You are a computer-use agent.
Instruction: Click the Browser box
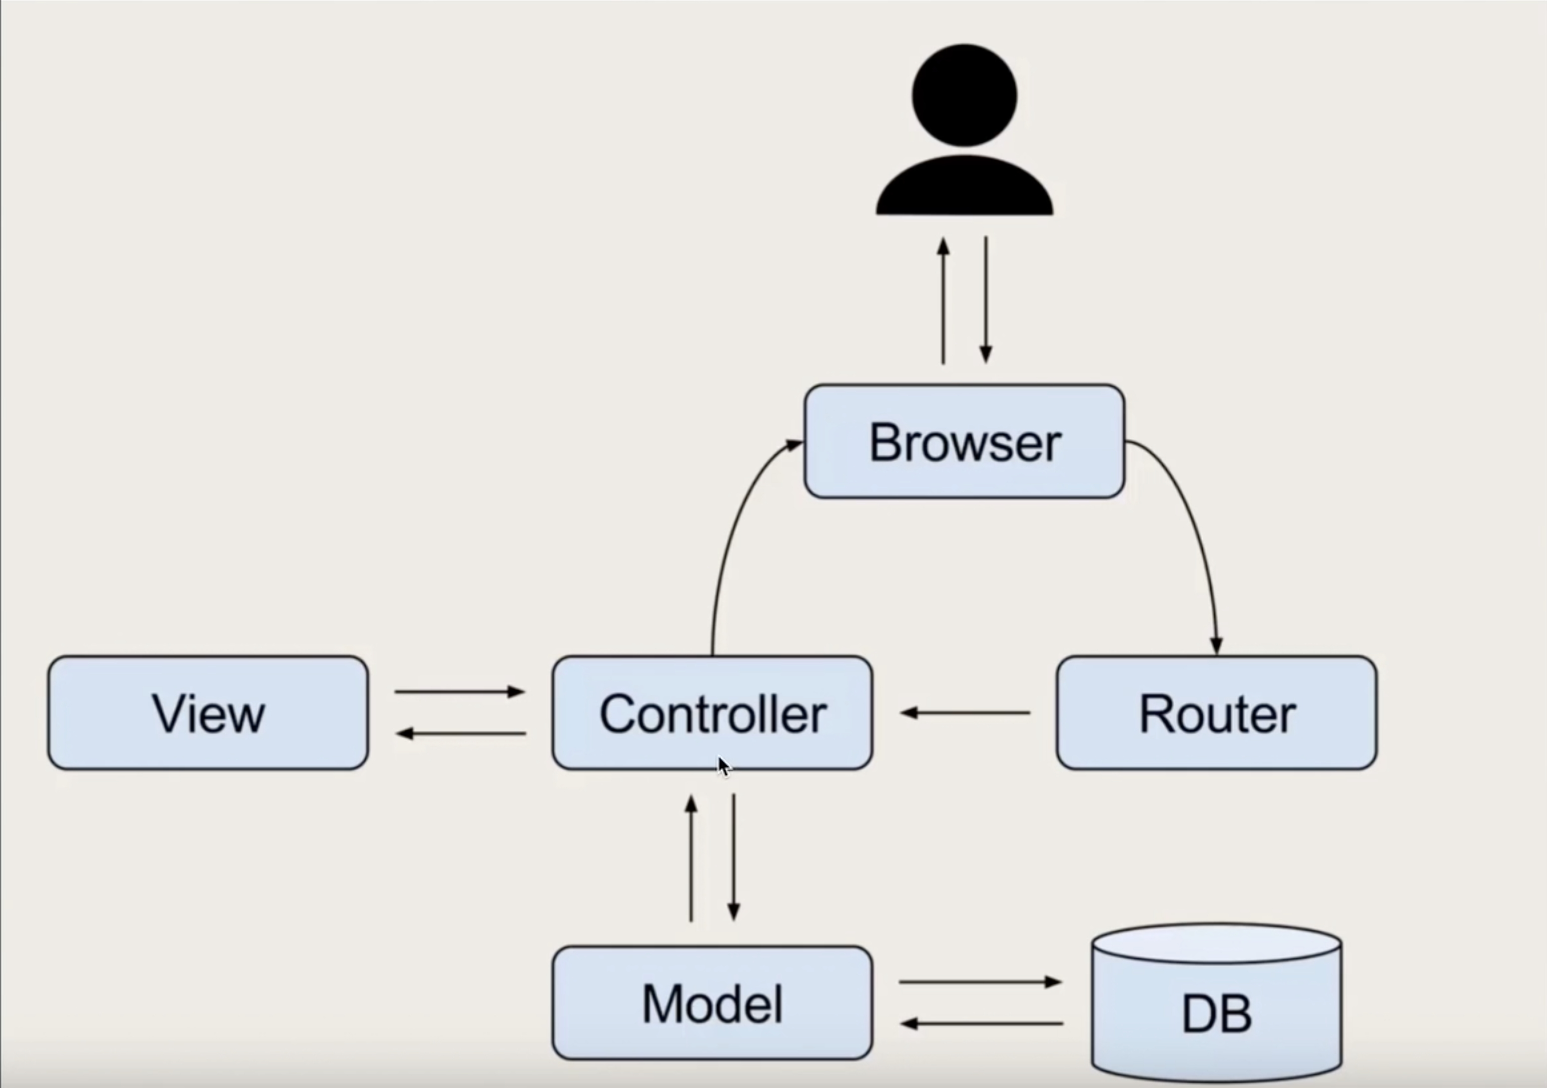click(x=964, y=441)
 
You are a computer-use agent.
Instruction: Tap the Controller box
click(x=712, y=713)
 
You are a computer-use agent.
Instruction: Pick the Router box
click(x=1216, y=713)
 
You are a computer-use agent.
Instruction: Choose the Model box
click(x=712, y=1003)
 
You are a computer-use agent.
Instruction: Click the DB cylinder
click(x=1216, y=1011)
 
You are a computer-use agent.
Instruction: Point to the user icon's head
click(x=964, y=95)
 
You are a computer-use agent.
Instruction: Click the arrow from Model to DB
click(x=980, y=982)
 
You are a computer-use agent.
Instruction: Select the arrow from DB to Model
click(x=982, y=1024)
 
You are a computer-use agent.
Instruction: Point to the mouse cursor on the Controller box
click(x=724, y=766)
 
